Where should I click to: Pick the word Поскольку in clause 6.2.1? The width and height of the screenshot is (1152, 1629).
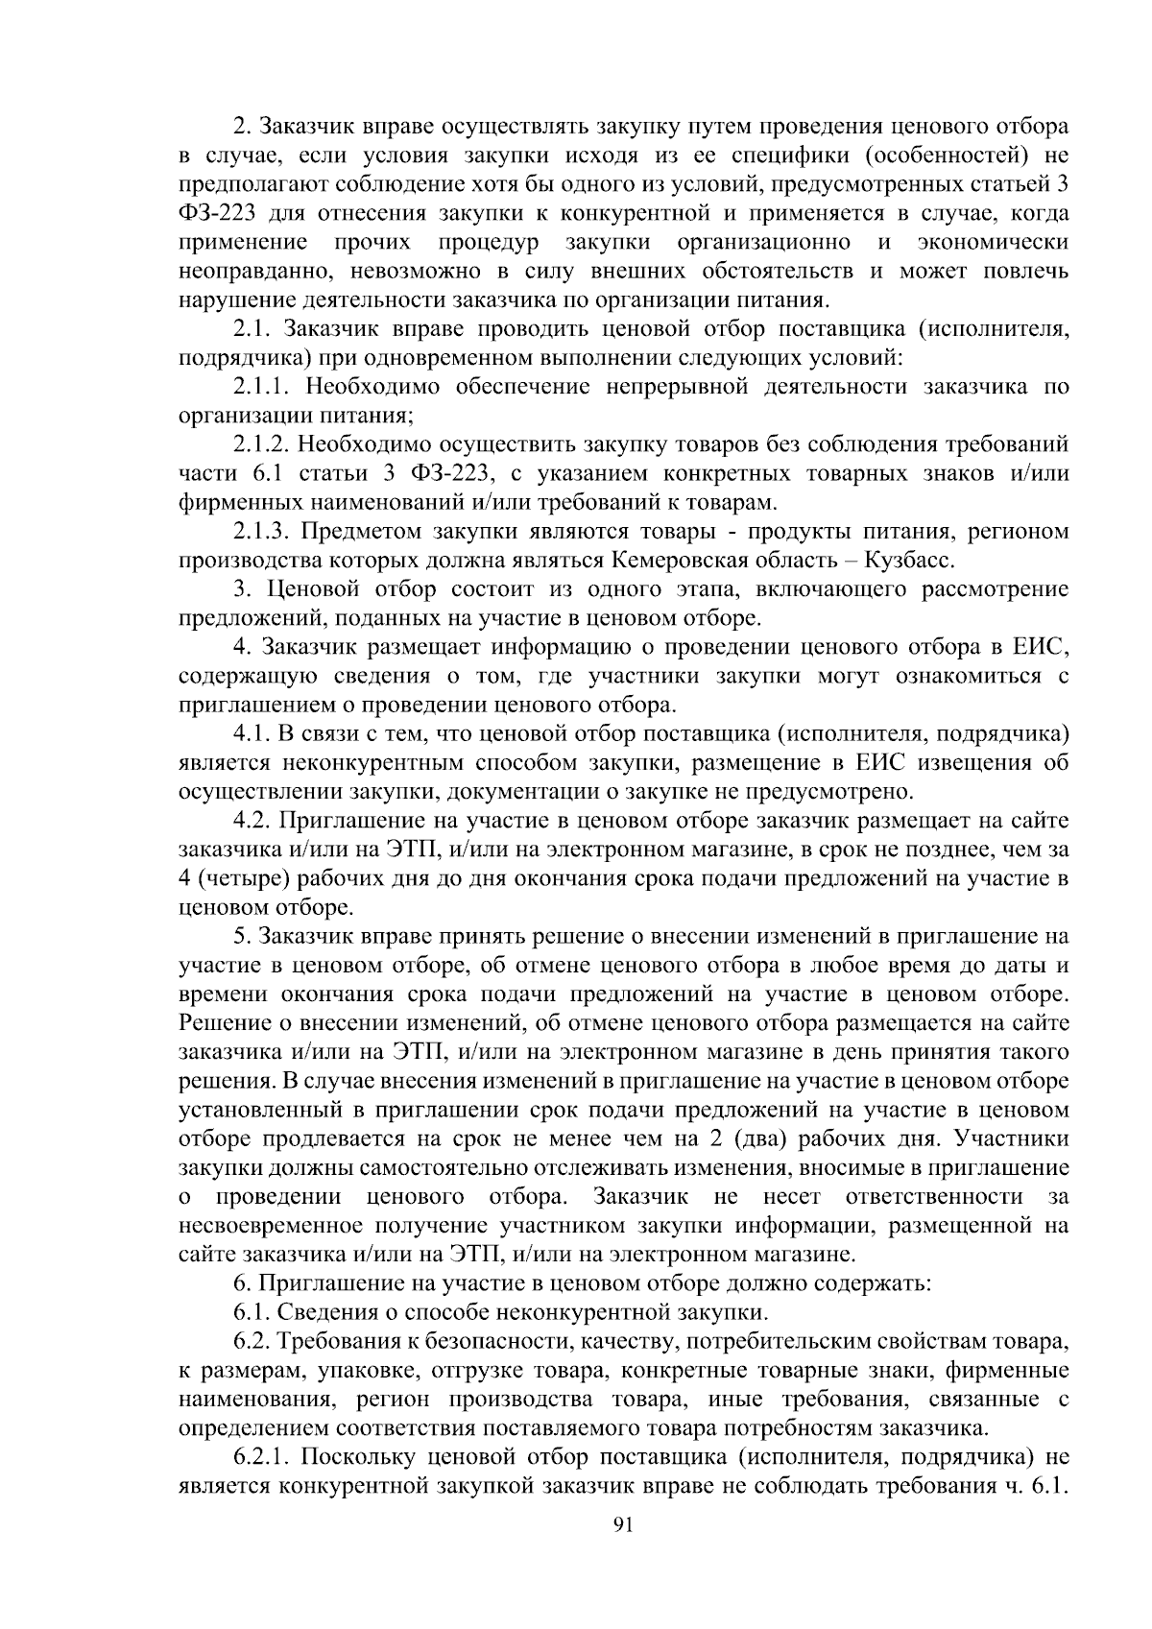(x=351, y=1457)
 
